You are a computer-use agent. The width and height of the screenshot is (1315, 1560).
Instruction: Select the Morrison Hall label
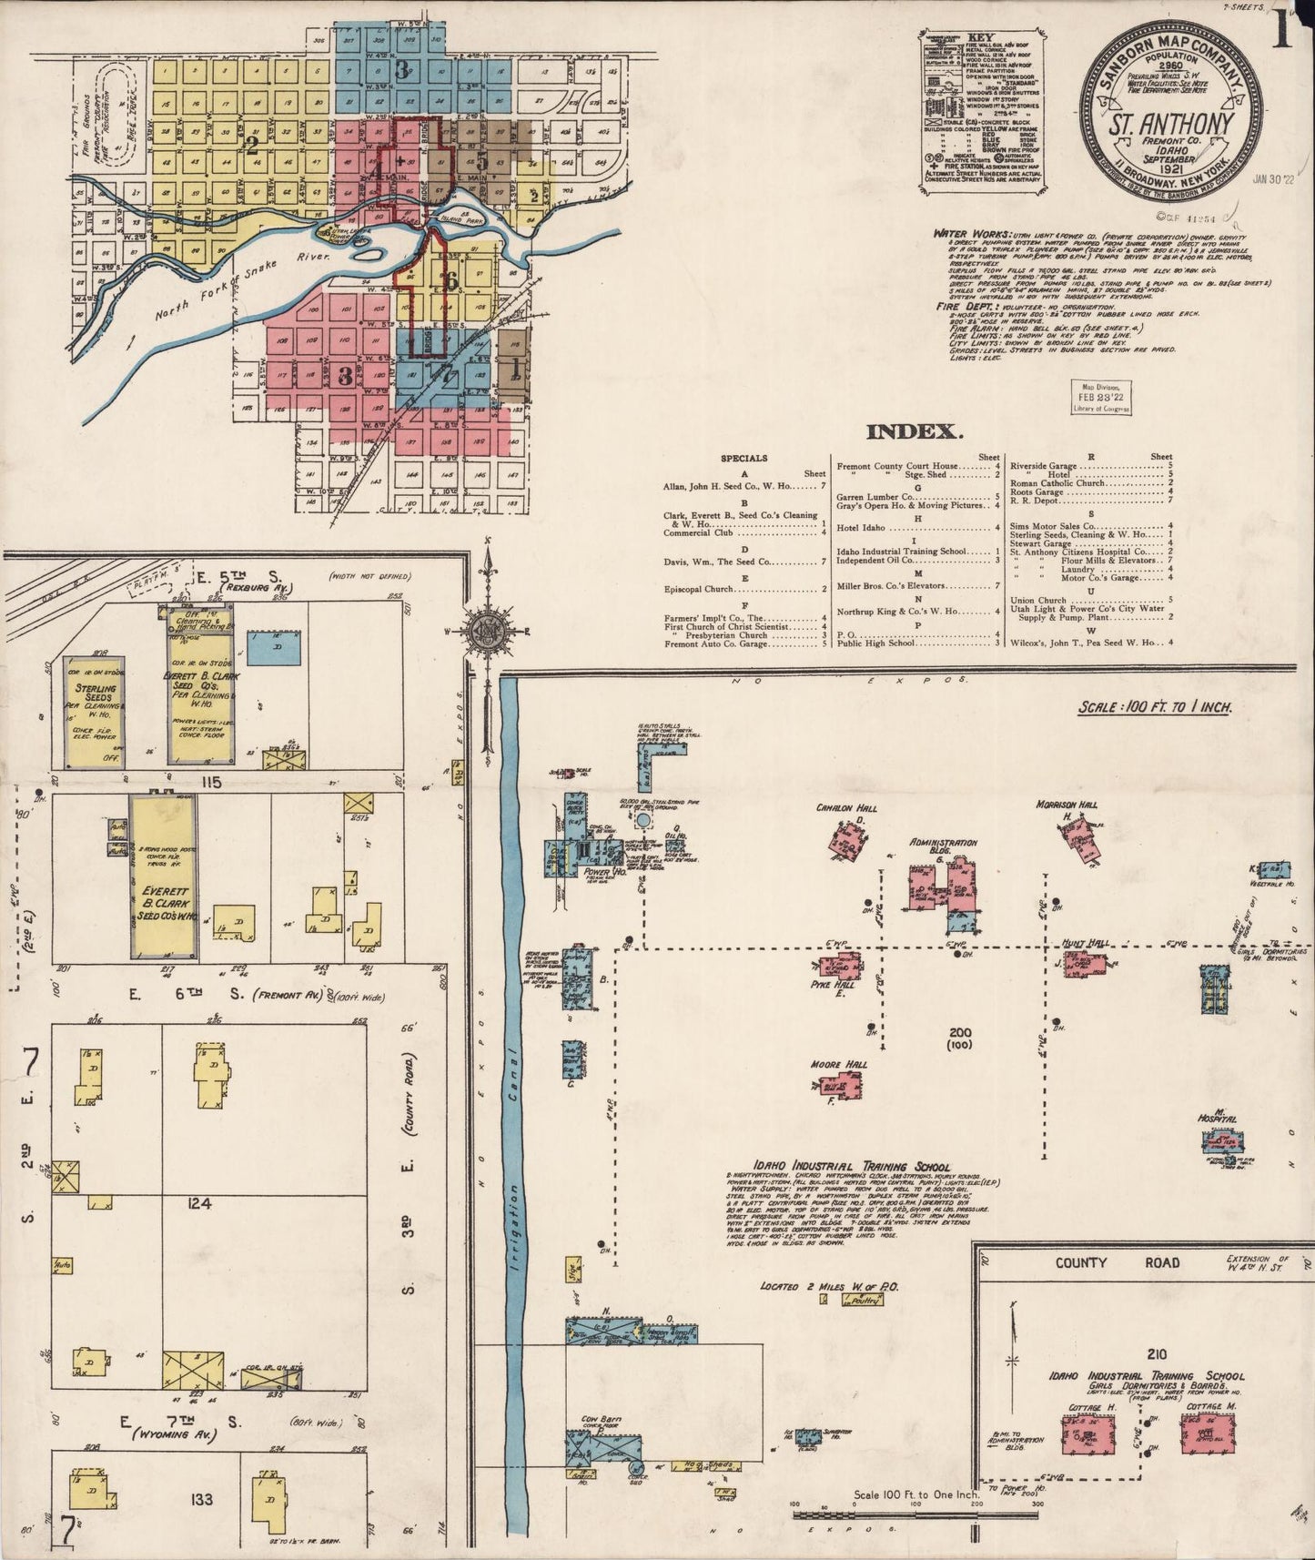pos(1067,805)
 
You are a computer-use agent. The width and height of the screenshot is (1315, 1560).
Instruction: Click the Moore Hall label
pos(838,1064)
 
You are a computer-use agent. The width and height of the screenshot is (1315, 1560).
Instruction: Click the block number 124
pos(199,1204)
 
